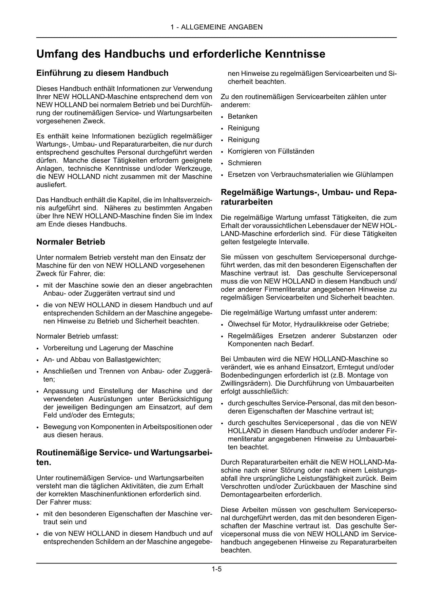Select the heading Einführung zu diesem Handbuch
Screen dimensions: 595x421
tap(102, 73)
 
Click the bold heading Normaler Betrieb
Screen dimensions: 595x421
tap(71, 242)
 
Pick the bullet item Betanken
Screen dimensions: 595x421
tap(243, 116)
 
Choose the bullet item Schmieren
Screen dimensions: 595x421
tap(245, 163)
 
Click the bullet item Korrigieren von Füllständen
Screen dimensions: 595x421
tap(271, 151)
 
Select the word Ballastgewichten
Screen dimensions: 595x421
tap(132, 359)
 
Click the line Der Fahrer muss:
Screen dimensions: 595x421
tap(64, 502)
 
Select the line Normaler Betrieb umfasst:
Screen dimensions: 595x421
tap(77, 336)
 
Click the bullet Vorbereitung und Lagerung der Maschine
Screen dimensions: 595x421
tap(108, 348)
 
